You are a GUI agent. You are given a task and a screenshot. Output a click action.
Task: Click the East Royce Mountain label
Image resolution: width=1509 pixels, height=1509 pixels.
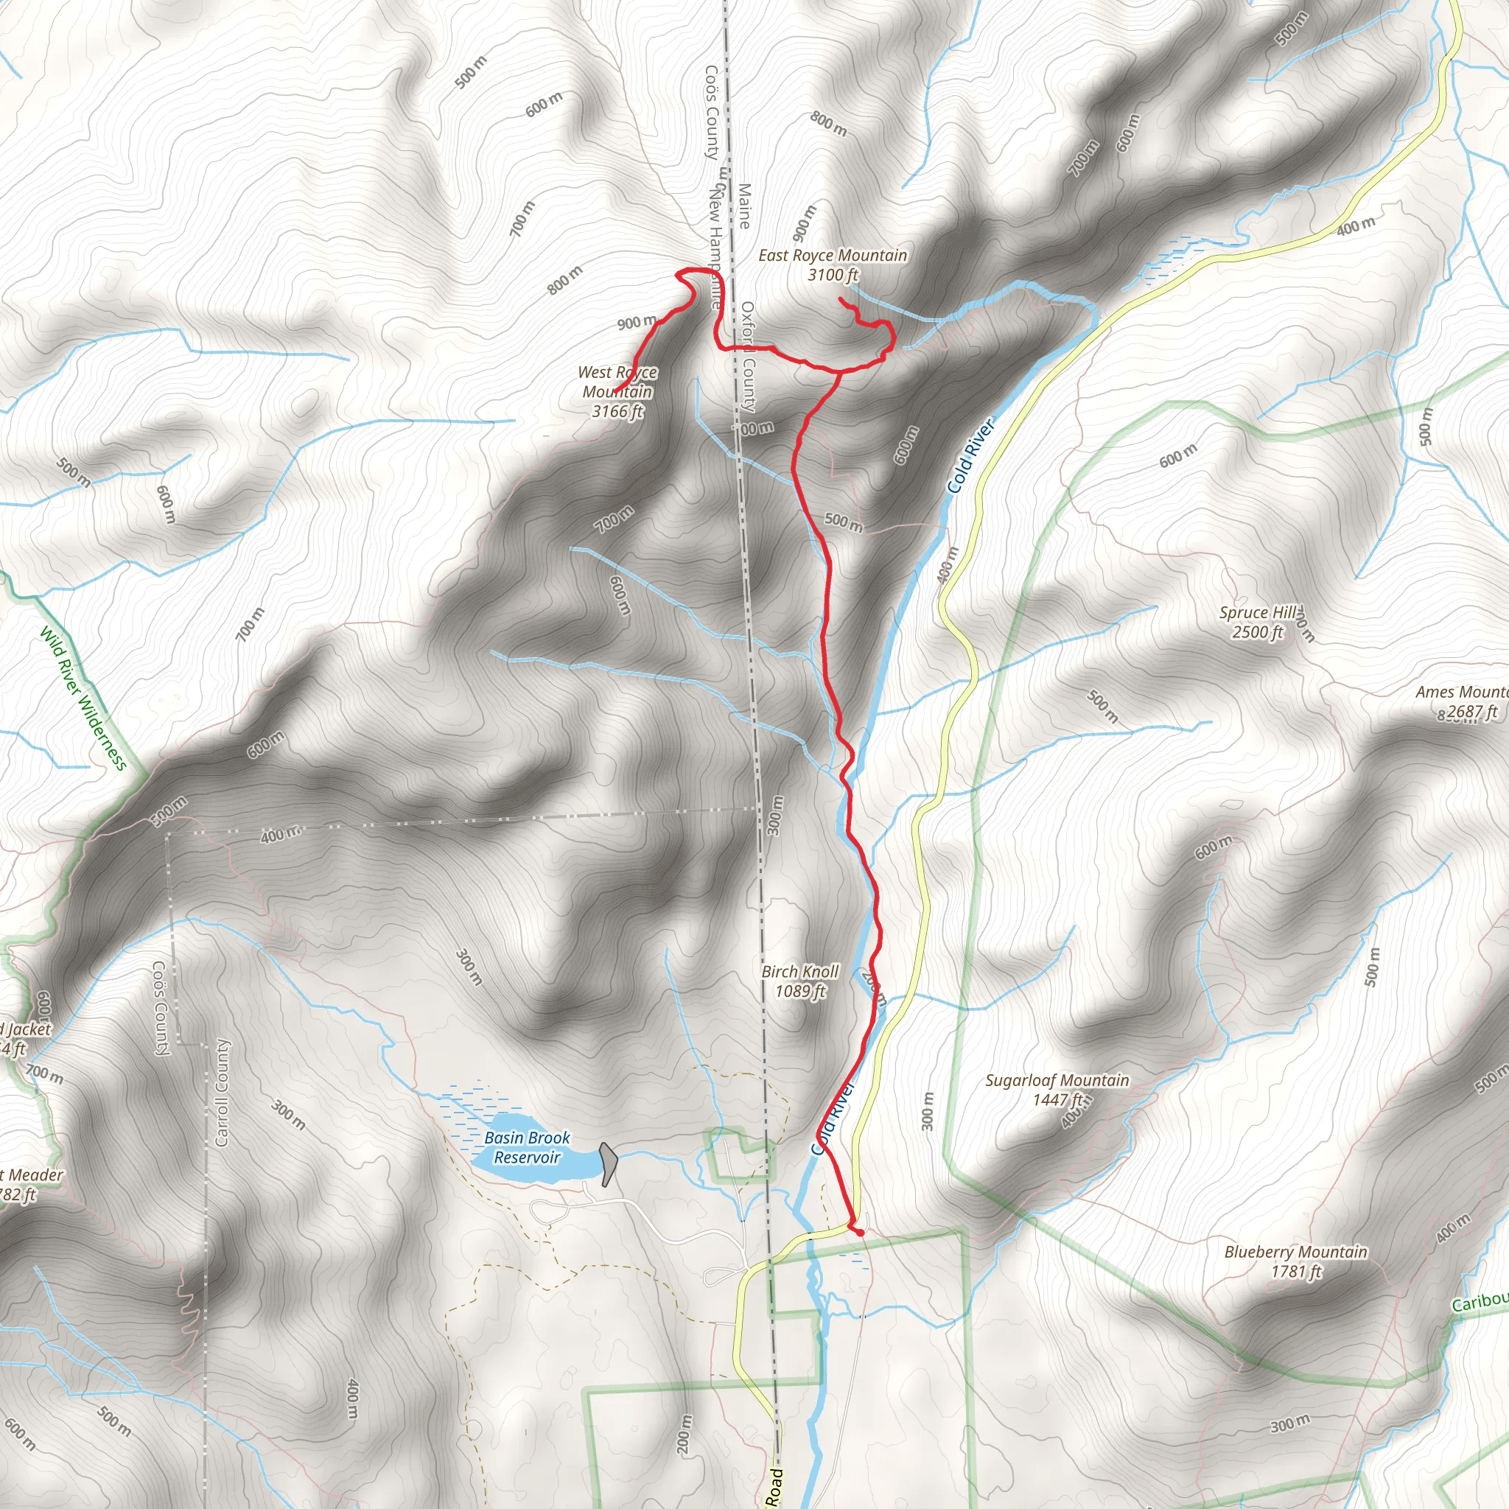tap(833, 256)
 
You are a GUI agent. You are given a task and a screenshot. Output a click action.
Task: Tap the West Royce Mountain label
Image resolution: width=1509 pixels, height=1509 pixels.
tap(617, 382)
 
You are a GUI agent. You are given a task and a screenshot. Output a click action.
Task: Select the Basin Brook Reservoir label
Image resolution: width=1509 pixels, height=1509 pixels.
tap(528, 1147)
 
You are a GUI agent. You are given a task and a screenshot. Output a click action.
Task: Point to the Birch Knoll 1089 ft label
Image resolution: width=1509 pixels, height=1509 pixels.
tap(799, 981)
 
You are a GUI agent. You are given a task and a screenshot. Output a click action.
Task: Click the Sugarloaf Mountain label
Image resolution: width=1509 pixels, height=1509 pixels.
tap(1057, 1081)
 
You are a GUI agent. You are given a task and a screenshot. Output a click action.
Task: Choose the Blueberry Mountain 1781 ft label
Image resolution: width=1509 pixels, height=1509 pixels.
tap(1296, 1261)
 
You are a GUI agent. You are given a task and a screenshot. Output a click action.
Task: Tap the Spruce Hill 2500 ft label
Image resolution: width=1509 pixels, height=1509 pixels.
tap(1258, 623)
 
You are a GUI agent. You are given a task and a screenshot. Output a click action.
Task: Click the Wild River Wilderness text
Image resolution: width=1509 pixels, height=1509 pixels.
tap(83, 699)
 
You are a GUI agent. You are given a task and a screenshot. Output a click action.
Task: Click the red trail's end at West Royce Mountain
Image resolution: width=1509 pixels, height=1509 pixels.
tap(615, 392)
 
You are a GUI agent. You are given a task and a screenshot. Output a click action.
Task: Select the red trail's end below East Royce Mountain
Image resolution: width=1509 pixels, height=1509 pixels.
tap(840, 299)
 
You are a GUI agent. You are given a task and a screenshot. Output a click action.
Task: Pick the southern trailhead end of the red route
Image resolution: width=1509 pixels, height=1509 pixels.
tap(861, 1233)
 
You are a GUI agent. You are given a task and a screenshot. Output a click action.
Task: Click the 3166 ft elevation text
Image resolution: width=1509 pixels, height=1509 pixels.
tap(617, 412)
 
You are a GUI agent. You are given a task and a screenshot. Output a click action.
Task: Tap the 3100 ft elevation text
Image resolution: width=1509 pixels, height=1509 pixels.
tap(833, 275)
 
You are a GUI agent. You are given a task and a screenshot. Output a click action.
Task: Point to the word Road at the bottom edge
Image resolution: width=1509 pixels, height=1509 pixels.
tap(774, 1487)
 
